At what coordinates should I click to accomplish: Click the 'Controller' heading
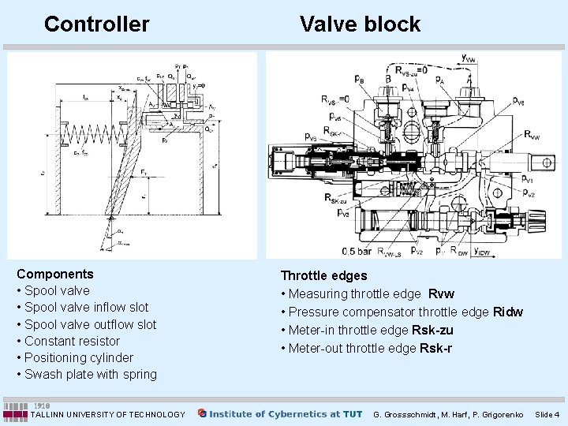[96, 24]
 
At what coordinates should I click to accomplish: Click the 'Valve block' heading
[360, 24]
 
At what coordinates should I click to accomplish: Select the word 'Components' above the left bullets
[55, 275]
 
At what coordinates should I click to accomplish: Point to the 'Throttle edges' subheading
[324, 276]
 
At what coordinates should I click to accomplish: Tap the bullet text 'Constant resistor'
[72, 341]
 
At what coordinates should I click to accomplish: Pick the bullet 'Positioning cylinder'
[79, 357]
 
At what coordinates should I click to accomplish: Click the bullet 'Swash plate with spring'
[91, 374]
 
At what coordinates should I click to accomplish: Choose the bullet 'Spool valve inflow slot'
[86, 307]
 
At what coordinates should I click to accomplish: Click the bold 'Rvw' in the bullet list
[440, 294]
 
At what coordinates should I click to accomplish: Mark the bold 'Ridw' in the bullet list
[507, 312]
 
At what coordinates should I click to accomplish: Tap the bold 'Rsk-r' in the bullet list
[436, 348]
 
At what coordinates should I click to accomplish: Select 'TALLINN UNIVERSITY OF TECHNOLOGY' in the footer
[107, 414]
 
